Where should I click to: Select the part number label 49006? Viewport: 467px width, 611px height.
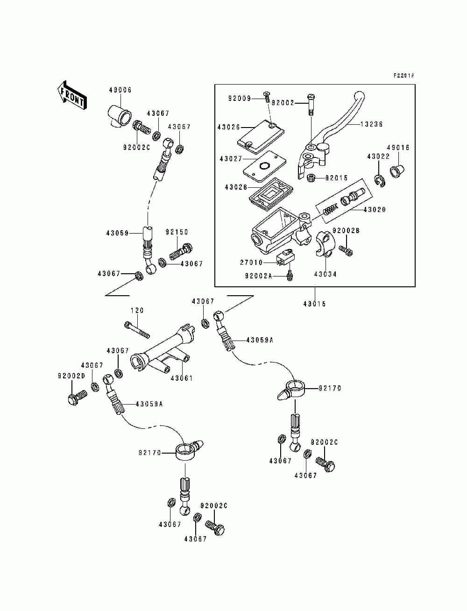tap(120, 90)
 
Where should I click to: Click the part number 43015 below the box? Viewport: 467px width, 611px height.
tap(314, 304)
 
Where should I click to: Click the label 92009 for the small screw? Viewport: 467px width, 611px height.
tap(239, 99)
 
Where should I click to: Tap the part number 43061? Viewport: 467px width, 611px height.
tap(181, 378)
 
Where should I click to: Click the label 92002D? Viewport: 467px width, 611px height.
tap(71, 376)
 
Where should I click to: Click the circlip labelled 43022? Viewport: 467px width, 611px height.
tap(379, 180)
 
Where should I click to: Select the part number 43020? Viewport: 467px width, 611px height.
tap(375, 210)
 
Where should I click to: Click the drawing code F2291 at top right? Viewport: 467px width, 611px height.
tap(403, 75)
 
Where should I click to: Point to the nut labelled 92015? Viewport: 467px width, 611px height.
tap(312, 178)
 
